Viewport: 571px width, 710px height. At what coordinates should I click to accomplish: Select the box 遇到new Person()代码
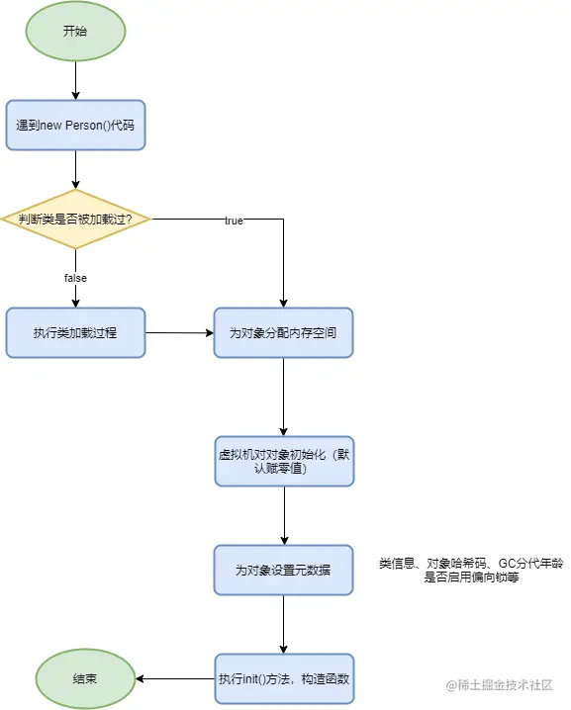[75, 126]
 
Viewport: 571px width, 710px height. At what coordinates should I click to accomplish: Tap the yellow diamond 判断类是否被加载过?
[75, 219]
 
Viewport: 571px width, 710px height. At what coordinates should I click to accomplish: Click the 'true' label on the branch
[234, 221]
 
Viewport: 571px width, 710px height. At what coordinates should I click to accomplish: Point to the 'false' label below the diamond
[75, 278]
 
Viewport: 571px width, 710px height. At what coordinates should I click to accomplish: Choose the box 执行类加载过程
[75, 333]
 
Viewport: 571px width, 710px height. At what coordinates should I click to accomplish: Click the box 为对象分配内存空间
[284, 333]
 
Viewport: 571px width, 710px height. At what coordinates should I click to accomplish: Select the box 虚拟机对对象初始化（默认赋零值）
[284, 460]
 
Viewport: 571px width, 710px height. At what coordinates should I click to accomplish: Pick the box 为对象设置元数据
[284, 571]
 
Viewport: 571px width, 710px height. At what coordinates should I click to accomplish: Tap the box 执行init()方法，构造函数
[284, 679]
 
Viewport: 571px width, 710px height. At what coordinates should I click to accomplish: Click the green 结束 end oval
[85, 679]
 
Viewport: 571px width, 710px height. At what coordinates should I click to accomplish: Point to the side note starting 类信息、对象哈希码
[471, 571]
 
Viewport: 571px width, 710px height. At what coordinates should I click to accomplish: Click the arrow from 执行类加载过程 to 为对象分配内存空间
[180, 333]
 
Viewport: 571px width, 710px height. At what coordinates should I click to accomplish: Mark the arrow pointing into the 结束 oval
[173, 679]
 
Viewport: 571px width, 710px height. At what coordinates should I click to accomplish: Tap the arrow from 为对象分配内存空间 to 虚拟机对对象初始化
[284, 396]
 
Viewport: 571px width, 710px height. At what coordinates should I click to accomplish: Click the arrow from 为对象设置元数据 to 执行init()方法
[284, 624]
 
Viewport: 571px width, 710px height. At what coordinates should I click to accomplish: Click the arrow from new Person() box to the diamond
[75, 169]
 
